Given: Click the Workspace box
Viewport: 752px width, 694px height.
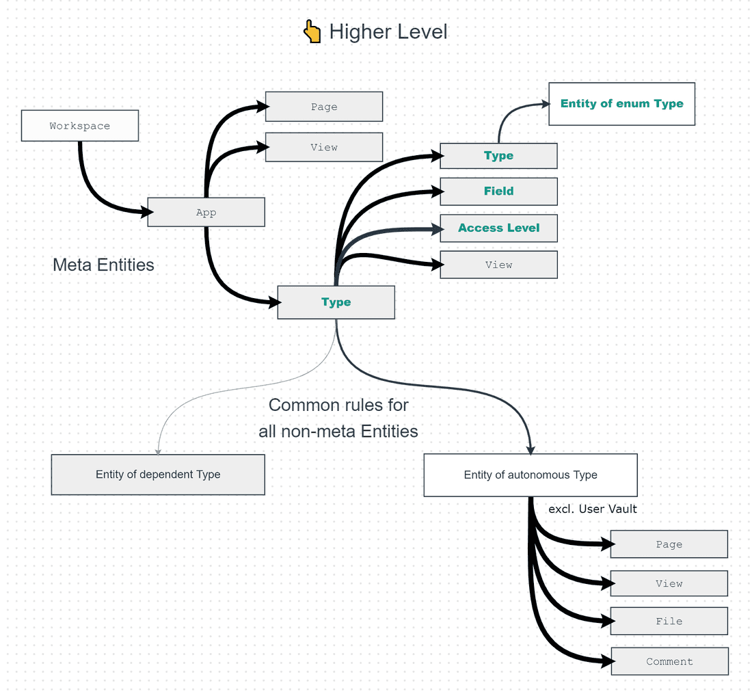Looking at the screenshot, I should [80, 126].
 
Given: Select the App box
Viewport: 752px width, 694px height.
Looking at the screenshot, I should [206, 213].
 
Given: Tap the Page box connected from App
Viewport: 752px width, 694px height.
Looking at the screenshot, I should [323, 107].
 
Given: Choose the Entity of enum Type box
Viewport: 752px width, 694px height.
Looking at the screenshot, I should [621, 104].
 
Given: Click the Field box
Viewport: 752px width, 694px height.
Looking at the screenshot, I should [498, 191].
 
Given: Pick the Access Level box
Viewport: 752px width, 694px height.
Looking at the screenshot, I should [498, 228].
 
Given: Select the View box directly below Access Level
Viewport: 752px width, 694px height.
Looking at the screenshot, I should [498, 265].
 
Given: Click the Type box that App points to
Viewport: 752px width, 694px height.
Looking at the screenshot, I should [336, 302].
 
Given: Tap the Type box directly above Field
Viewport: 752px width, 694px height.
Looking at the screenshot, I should [498, 156].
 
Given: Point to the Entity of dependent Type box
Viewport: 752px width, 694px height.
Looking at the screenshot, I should [158, 475].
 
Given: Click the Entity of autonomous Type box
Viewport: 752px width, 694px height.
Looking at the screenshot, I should [531, 475].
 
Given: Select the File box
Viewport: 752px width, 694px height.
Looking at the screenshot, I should [669, 621].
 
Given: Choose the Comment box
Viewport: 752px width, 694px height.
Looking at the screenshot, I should [669, 661].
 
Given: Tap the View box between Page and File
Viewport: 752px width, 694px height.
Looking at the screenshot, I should [669, 583].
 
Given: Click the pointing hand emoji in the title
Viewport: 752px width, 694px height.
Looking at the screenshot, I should [312, 31].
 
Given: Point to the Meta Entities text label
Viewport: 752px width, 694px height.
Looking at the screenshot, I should [103, 265].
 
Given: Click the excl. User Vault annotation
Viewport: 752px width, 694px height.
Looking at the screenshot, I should [593, 509].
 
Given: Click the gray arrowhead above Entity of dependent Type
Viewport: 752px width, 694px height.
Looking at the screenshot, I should [158, 451].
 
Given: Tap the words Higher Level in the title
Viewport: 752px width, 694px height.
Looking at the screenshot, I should [388, 32].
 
